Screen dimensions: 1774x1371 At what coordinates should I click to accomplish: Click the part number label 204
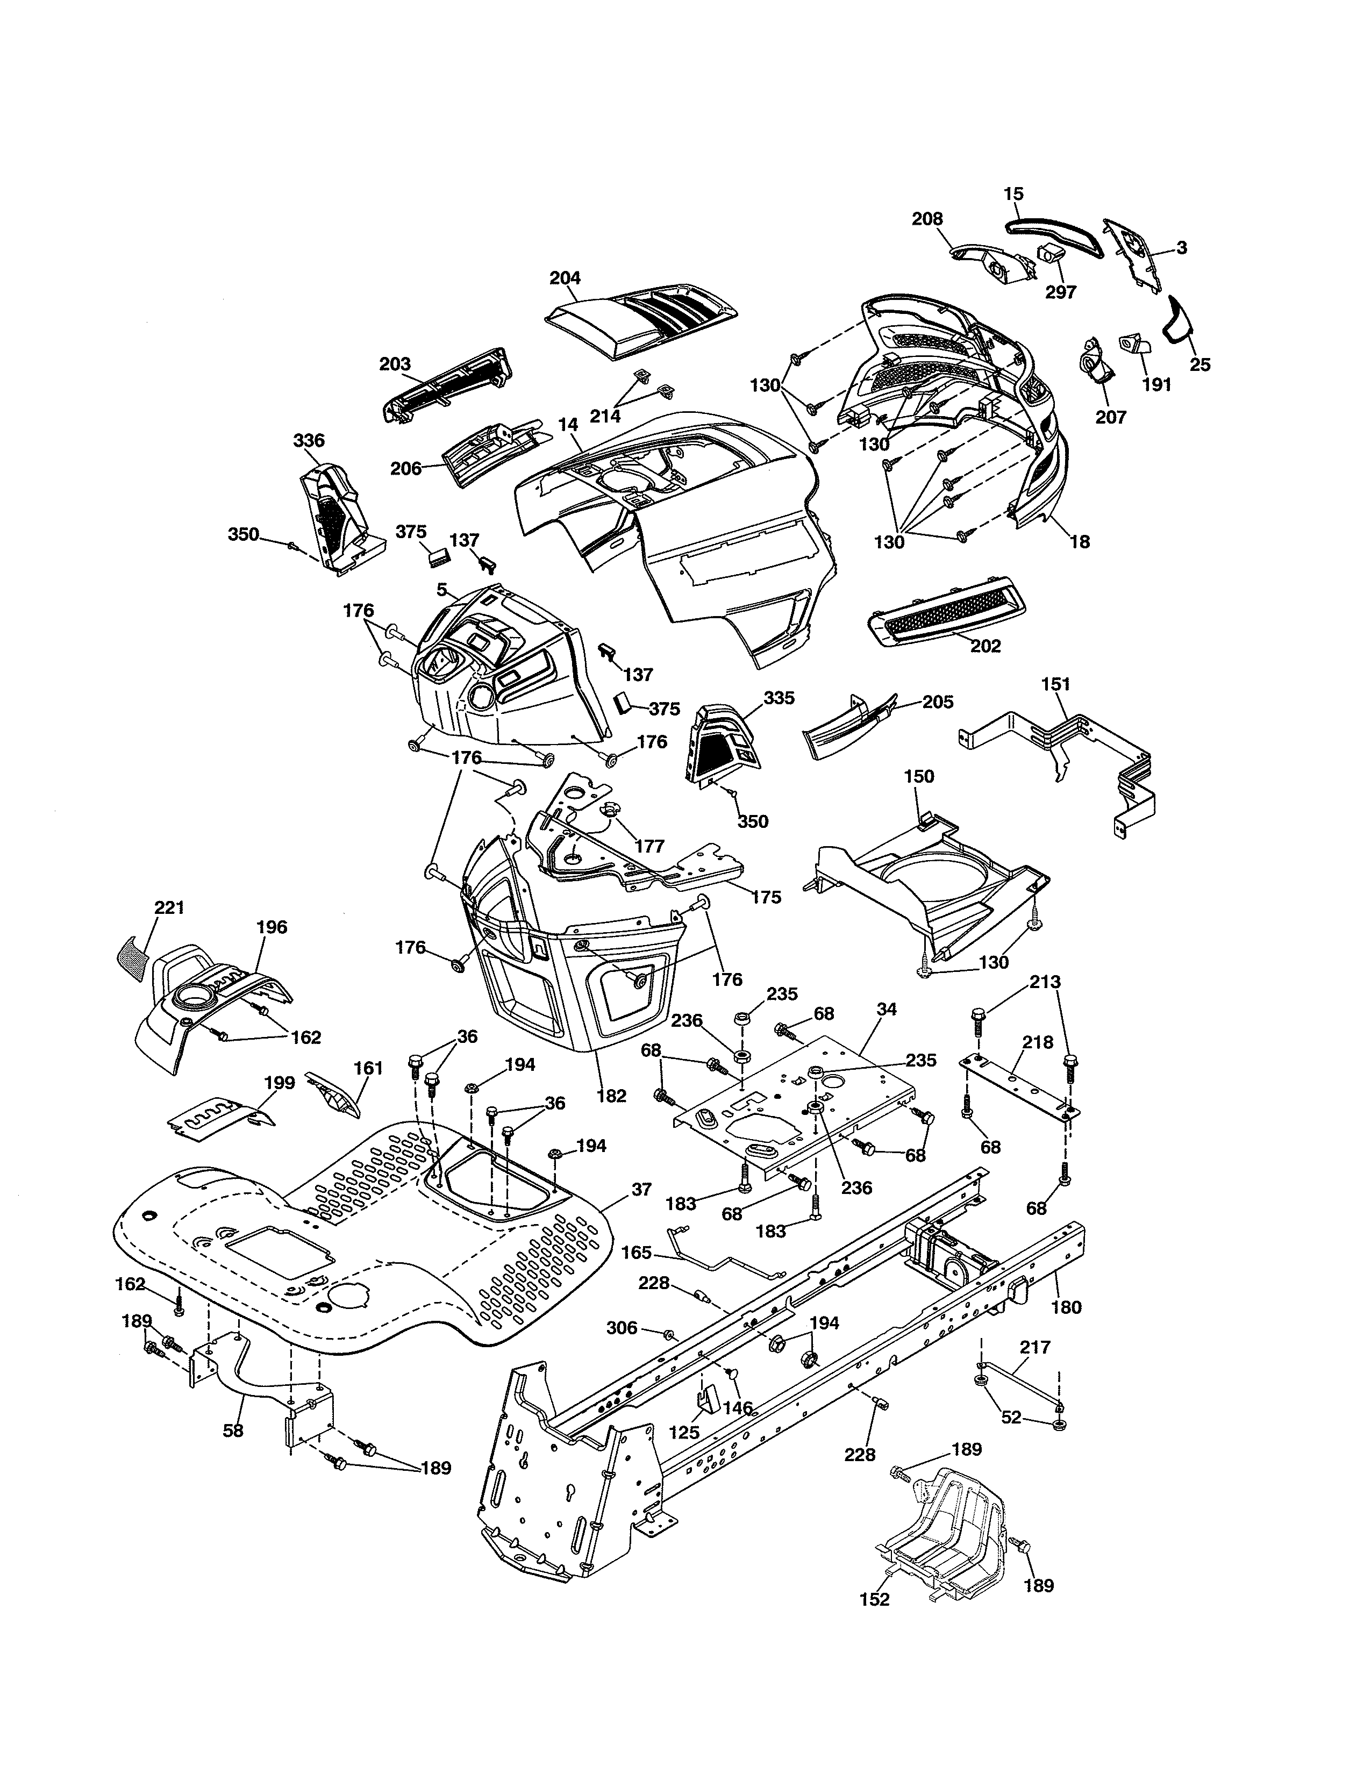click(x=565, y=278)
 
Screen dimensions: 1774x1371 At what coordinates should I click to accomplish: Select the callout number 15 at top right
click(x=1013, y=194)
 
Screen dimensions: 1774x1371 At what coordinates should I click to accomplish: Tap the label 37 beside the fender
click(x=641, y=1189)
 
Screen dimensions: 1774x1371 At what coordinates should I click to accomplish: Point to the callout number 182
click(x=611, y=1096)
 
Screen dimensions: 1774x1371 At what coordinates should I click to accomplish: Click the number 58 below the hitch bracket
click(x=233, y=1430)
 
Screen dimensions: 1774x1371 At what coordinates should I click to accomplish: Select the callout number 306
click(x=622, y=1327)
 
